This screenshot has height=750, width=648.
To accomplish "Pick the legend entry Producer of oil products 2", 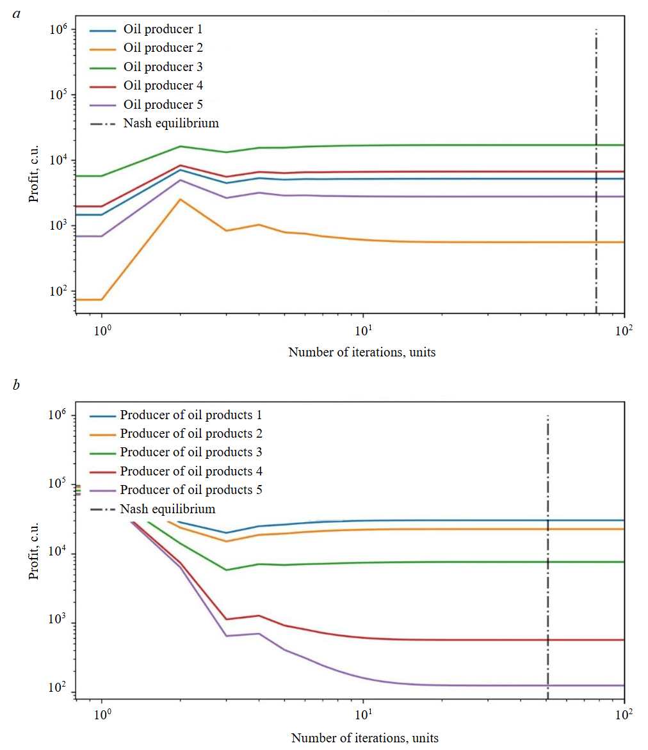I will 191,434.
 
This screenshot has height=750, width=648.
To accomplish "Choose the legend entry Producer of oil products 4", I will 191,472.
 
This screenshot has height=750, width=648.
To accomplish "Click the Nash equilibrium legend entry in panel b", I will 168,509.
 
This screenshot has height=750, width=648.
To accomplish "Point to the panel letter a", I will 17,13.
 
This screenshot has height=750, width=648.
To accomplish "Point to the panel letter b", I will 17,385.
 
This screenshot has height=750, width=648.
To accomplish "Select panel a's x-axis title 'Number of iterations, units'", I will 362,352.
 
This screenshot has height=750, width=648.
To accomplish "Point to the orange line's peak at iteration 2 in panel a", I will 181,200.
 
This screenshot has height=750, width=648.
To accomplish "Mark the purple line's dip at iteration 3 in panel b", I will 226,635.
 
